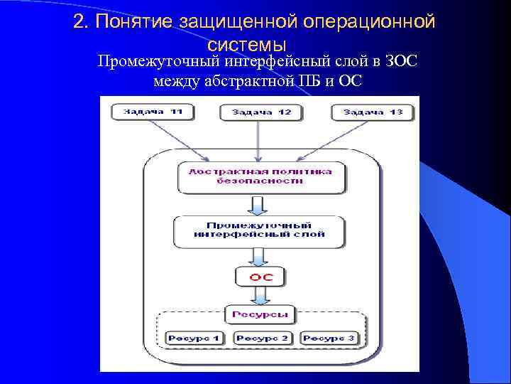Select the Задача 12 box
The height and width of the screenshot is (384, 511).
260,112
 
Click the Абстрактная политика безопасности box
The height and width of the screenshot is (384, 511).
260,176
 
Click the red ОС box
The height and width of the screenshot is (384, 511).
260,275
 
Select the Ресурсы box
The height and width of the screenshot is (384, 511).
260,313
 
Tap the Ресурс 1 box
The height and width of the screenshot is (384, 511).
194,338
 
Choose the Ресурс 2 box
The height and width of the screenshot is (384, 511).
261,338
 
